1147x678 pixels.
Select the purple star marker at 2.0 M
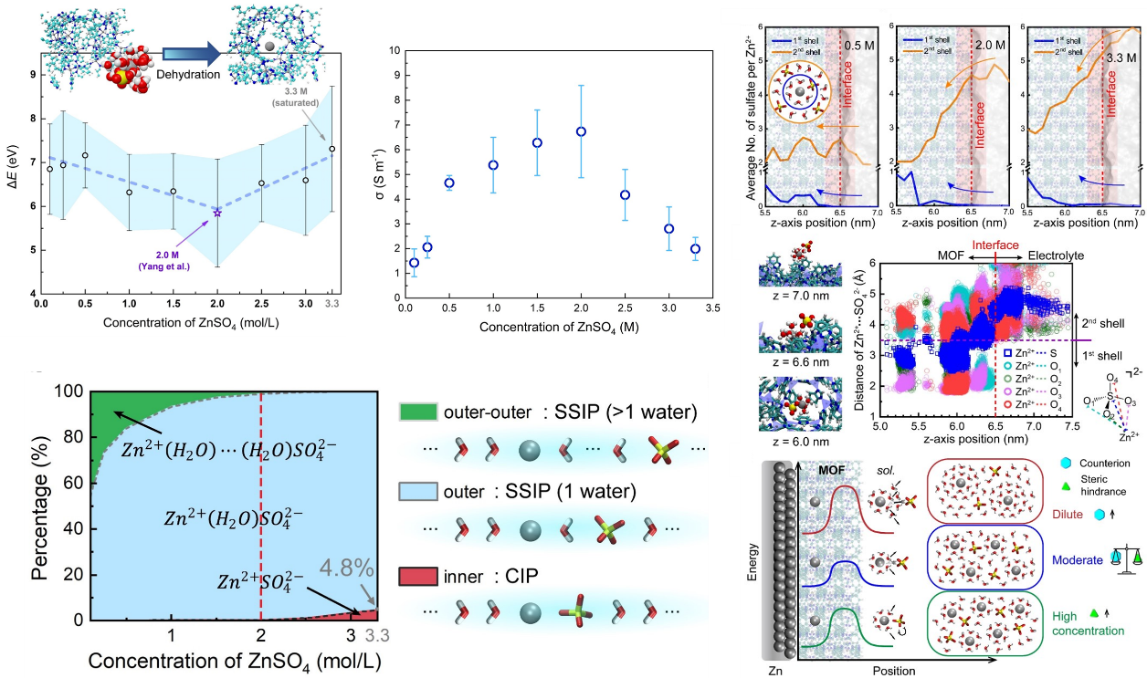tap(217, 213)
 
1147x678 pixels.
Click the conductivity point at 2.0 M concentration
tap(580, 131)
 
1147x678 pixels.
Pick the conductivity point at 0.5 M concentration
tap(449, 183)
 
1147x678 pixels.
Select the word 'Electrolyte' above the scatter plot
tap(1057, 256)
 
